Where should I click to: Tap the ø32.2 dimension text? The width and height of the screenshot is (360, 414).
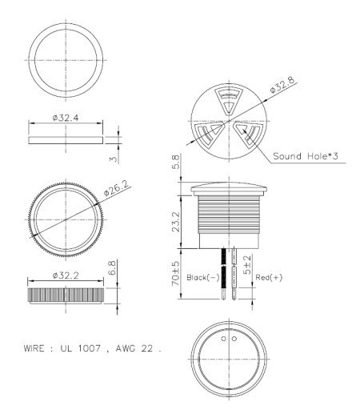pyautogui.click(x=66, y=275)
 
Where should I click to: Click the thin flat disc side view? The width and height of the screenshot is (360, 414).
pyautogui.click(x=66, y=139)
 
